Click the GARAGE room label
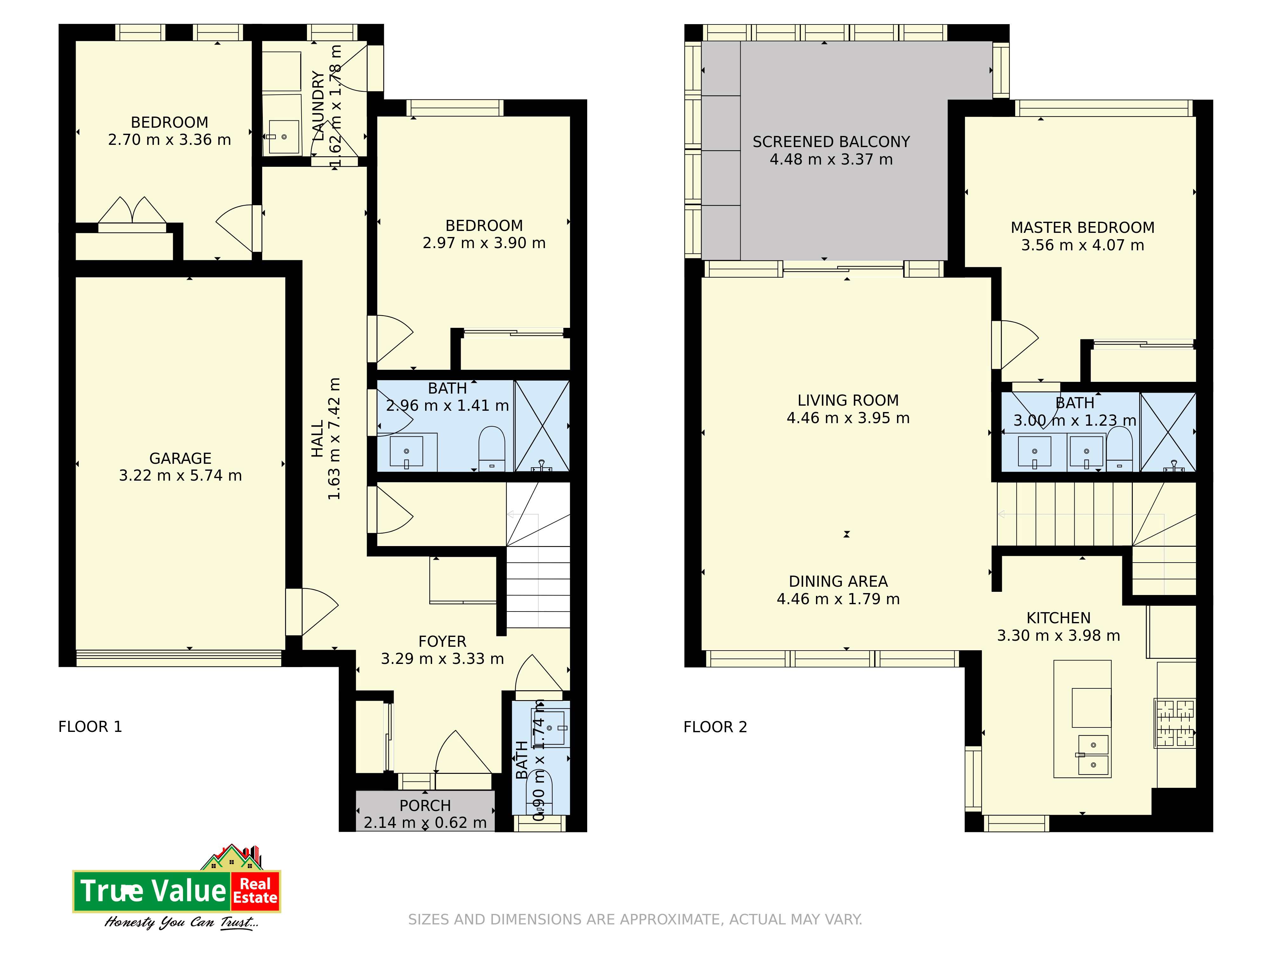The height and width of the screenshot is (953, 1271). pyautogui.click(x=180, y=458)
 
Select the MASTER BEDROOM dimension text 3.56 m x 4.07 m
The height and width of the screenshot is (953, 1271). pyautogui.click(x=1083, y=245)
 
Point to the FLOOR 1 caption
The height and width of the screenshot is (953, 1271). pyautogui.click(x=90, y=727)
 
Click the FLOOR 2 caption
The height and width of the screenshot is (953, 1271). pyautogui.click(x=715, y=727)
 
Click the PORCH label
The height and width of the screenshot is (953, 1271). pyautogui.click(x=425, y=806)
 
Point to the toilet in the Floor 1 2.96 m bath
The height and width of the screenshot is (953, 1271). pyautogui.click(x=492, y=449)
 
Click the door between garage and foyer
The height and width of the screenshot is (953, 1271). pyautogui.click(x=312, y=612)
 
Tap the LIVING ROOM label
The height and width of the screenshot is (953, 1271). pyautogui.click(x=848, y=400)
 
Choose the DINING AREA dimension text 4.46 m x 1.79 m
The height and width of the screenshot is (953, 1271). pyautogui.click(x=838, y=599)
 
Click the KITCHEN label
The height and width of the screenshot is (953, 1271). pyautogui.click(x=1058, y=618)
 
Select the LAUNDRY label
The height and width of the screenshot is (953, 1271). pyautogui.click(x=318, y=105)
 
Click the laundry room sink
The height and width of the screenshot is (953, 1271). pyautogui.click(x=284, y=137)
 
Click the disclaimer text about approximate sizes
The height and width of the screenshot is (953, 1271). pyautogui.click(x=635, y=920)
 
